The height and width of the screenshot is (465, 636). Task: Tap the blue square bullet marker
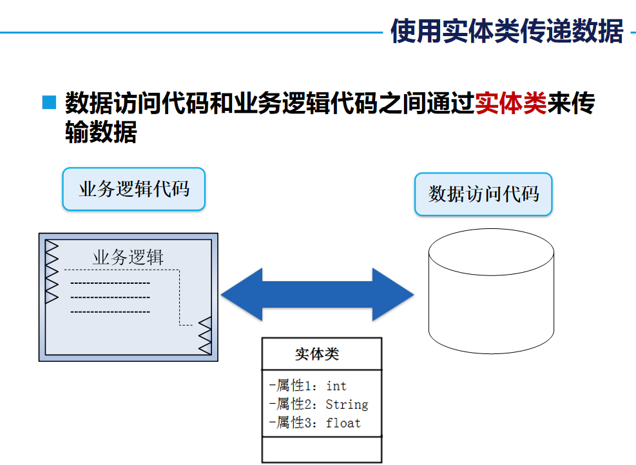[49, 103]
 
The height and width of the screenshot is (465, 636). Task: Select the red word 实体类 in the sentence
[510, 103]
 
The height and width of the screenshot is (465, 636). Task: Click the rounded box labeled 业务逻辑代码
[133, 189]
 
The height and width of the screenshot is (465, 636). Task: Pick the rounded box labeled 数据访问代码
[483, 194]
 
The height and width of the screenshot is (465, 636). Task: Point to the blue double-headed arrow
[317, 295]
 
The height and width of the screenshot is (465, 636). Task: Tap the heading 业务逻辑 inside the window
[128, 257]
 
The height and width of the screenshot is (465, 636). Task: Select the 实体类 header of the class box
[317, 354]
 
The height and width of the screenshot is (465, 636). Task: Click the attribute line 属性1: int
[308, 386]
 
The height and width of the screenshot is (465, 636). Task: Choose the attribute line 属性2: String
[318, 404]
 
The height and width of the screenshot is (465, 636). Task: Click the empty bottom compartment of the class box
[322, 450]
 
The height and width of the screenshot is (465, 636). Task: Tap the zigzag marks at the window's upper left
[52, 272]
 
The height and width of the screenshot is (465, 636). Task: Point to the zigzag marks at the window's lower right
[205, 335]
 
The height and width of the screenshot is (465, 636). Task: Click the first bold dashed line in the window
[110, 283]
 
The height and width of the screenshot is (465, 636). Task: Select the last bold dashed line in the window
[110, 312]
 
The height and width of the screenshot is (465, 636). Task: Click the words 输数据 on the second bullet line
[101, 132]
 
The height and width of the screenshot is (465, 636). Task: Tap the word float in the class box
[343, 423]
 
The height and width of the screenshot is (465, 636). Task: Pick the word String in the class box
[347, 404]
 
